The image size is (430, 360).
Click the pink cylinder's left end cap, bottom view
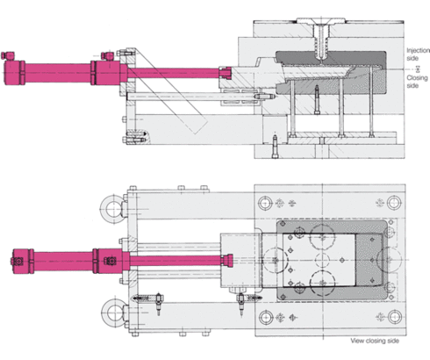18,260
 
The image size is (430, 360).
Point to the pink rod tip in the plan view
229,259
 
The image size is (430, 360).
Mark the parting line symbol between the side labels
418,67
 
